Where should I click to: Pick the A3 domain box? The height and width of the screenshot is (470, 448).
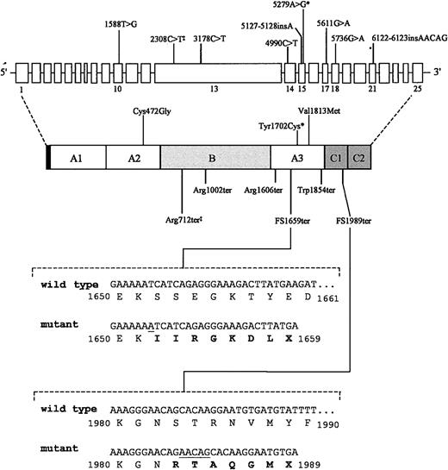(x=296, y=158)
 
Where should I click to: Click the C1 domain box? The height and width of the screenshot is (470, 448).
(x=334, y=158)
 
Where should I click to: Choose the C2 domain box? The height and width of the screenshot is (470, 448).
(x=360, y=158)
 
